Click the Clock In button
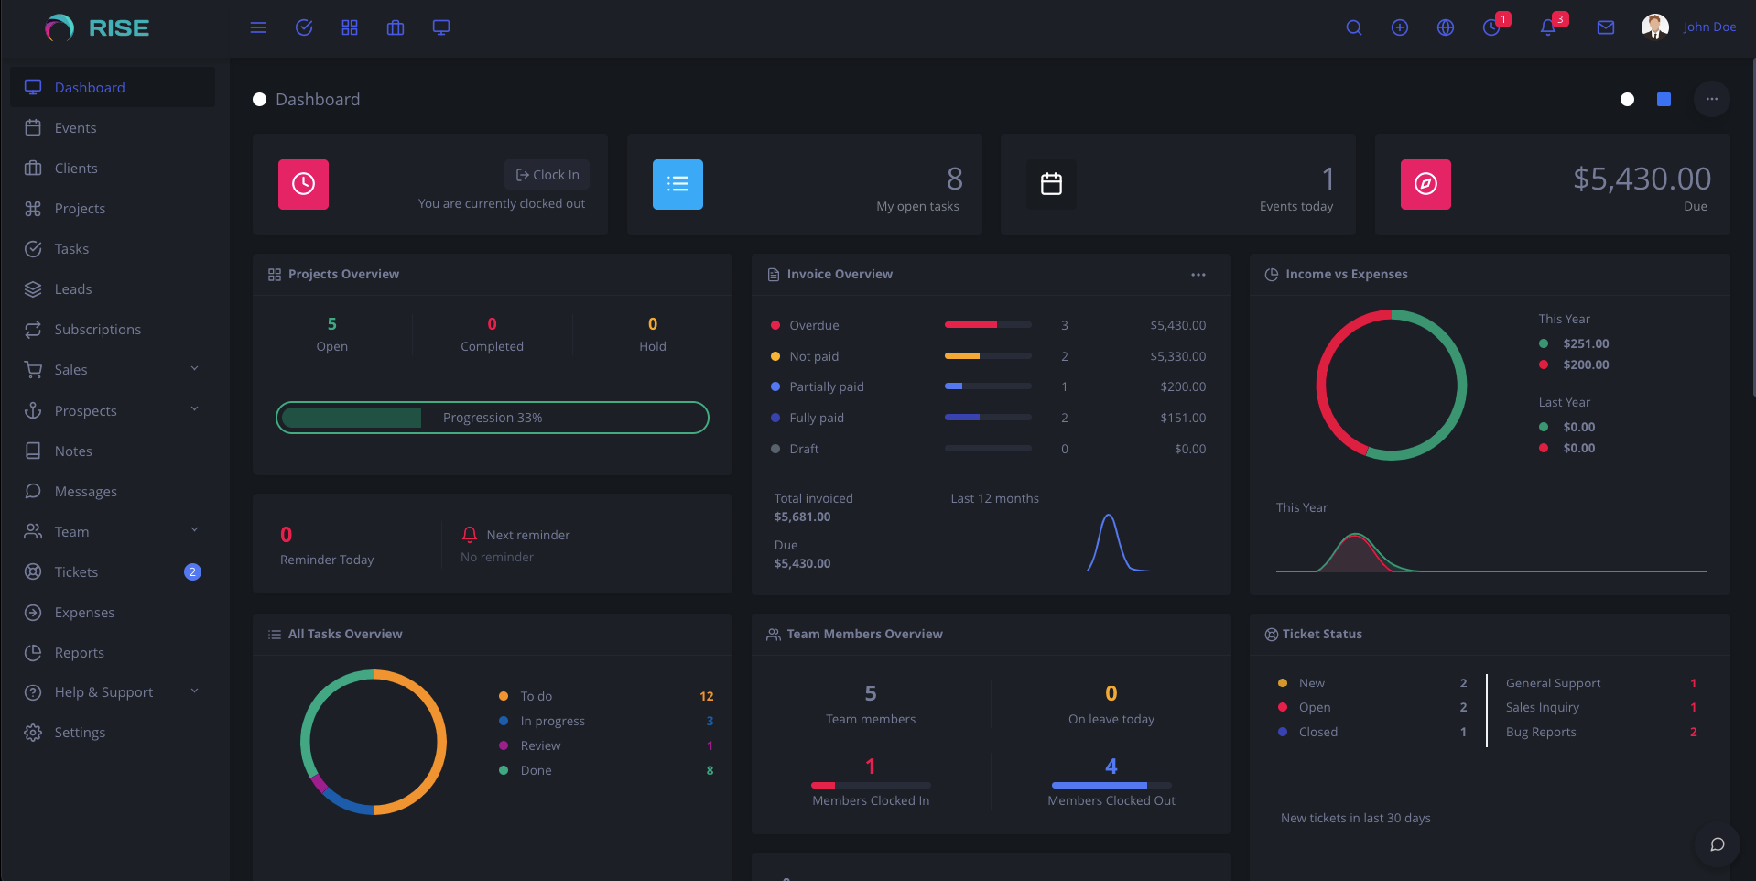(x=547, y=175)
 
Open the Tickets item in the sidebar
(x=76, y=572)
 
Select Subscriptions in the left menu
(x=97, y=330)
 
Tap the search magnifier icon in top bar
(x=1353, y=27)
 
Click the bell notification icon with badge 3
(x=1548, y=27)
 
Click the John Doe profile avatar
(x=1654, y=27)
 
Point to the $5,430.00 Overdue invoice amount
(x=1177, y=325)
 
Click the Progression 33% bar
(x=493, y=418)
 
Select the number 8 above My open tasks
(x=954, y=179)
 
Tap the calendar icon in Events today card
(x=1051, y=184)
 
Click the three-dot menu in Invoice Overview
(x=1198, y=275)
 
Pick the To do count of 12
(x=706, y=696)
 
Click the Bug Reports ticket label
(x=1541, y=732)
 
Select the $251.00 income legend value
(x=1586, y=343)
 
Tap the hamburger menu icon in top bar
(x=258, y=27)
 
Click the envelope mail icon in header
(x=1605, y=27)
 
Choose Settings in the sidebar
(x=80, y=733)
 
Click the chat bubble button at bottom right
(x=1717, y=844)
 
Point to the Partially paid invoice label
(x=826, y=386)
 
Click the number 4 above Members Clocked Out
(x=1111, y=767)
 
